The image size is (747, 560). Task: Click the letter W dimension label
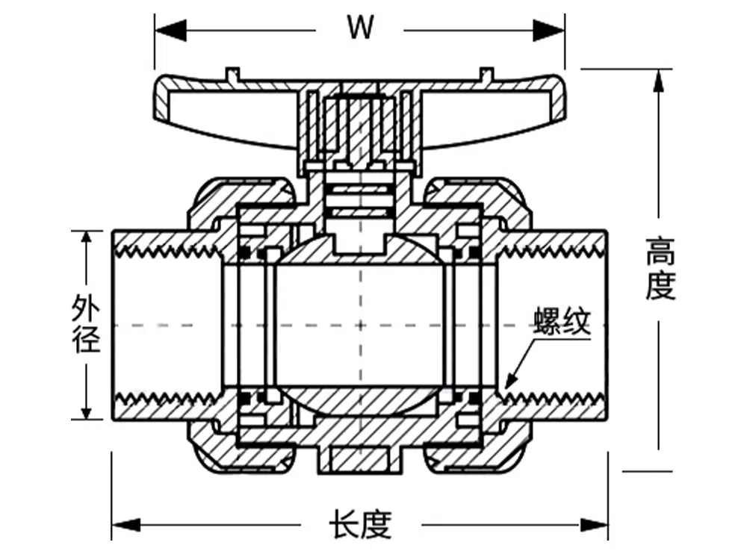coord(359,28)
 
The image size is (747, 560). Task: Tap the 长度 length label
coord(360,524)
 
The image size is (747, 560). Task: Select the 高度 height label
coord(660,268)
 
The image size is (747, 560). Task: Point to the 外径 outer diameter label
coord(87,325)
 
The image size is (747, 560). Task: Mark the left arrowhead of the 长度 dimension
coord(122,524)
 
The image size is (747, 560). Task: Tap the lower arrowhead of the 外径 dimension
coord(87,410)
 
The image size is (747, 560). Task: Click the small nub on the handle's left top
coord(232,73)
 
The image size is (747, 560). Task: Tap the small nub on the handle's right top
coord(486,73)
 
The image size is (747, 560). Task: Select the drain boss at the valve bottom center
coord(360,459)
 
